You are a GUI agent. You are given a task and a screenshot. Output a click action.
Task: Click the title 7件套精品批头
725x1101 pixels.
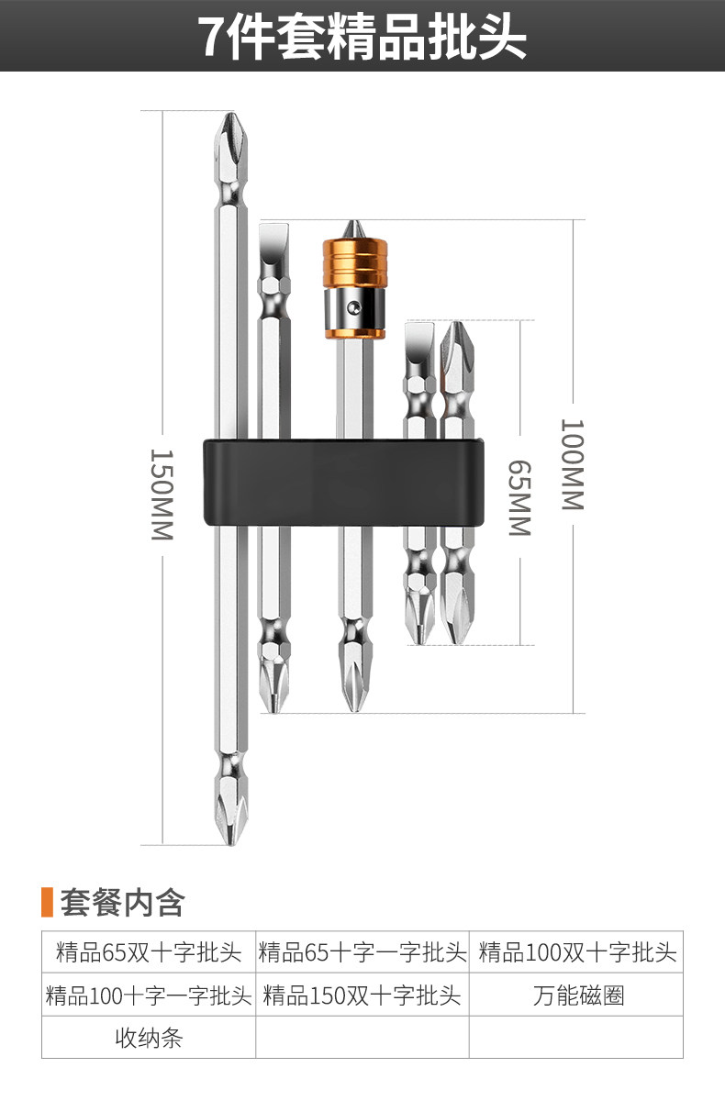(362, 37)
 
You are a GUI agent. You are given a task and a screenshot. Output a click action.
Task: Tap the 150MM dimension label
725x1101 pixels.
(162, 494)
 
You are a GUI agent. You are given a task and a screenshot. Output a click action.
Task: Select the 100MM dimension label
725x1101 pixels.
(573, 464)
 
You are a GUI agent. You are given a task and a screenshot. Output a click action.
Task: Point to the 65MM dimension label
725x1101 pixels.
(519, 497)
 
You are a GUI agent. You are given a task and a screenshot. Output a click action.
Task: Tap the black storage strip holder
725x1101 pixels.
(344, 483)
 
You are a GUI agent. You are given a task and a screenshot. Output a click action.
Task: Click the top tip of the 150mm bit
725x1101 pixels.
(230, 114)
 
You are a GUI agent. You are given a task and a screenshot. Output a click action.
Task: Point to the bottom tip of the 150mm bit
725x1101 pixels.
(230, 843)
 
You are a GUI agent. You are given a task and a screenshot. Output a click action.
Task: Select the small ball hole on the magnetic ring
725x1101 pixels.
(351, 307)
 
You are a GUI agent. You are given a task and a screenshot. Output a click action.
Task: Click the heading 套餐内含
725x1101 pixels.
(122, 903)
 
